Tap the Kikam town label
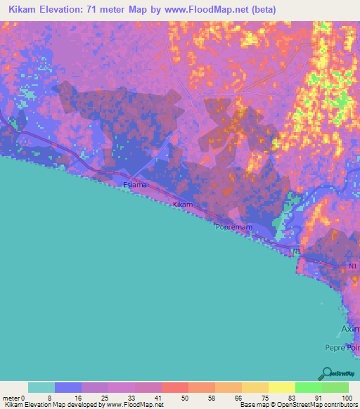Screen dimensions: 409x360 (183, 204)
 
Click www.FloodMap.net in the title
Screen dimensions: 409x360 (207, 9)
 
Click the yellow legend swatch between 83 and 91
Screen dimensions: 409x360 (281, 388)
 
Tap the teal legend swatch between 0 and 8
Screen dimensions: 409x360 (41, 388)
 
